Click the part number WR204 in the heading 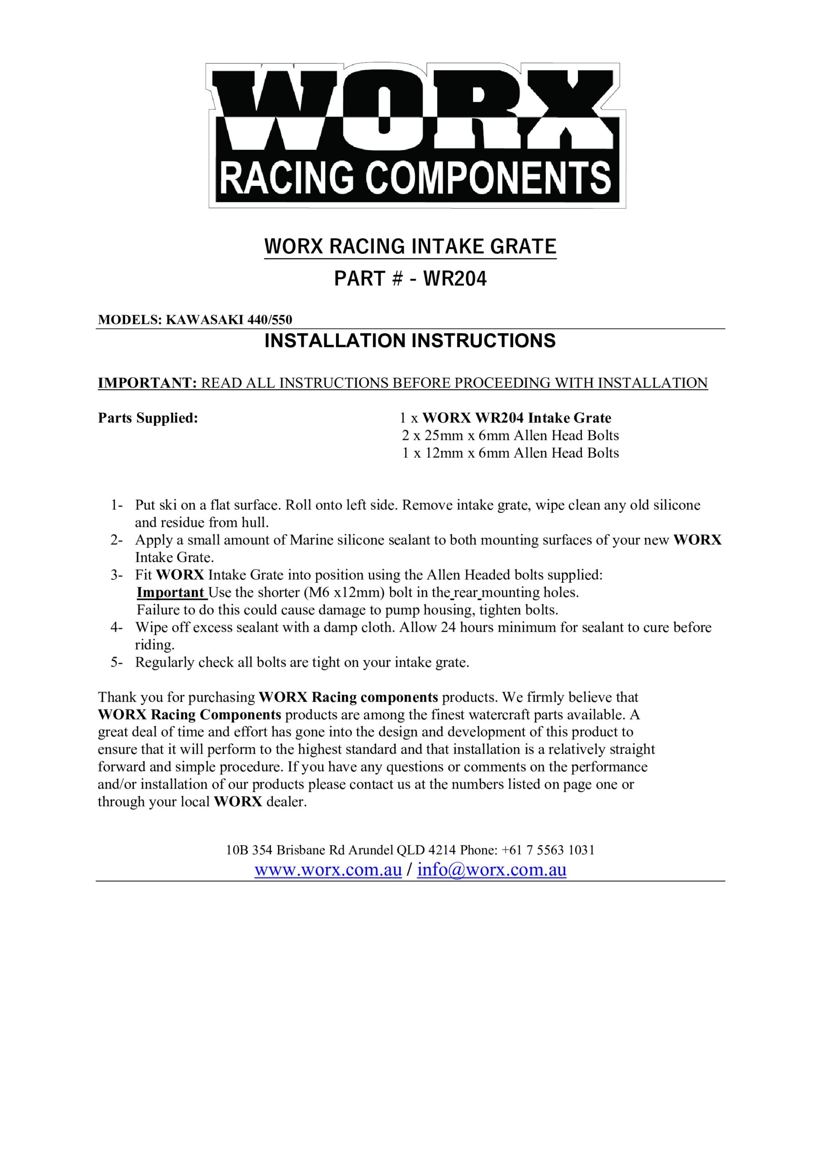click(454, 278)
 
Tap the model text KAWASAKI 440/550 click(229, 320)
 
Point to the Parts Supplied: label click(148, 418)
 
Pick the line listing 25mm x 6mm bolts click(510, 435)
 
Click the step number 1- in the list click(117, 505)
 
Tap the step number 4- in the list click(117, 628)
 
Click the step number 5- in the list click(117, 663)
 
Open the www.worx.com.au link click(328, 869)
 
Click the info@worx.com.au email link click(491, 869)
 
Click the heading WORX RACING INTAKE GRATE click(410, 247)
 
